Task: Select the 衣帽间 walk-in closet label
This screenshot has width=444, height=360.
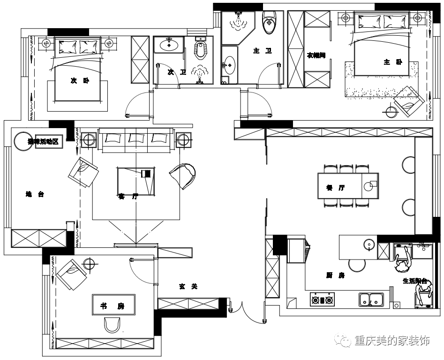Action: click(316, 55)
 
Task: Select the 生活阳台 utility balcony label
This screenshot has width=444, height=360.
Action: click(414, 281)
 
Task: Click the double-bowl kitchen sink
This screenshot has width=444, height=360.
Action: click(371, 299)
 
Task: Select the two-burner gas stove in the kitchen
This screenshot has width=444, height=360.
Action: click(322, 299)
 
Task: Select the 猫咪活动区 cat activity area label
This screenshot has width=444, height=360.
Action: click(48, 142)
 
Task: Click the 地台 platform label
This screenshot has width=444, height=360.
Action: click(35, 194)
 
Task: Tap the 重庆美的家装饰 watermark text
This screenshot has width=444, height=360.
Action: click(392, 340)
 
